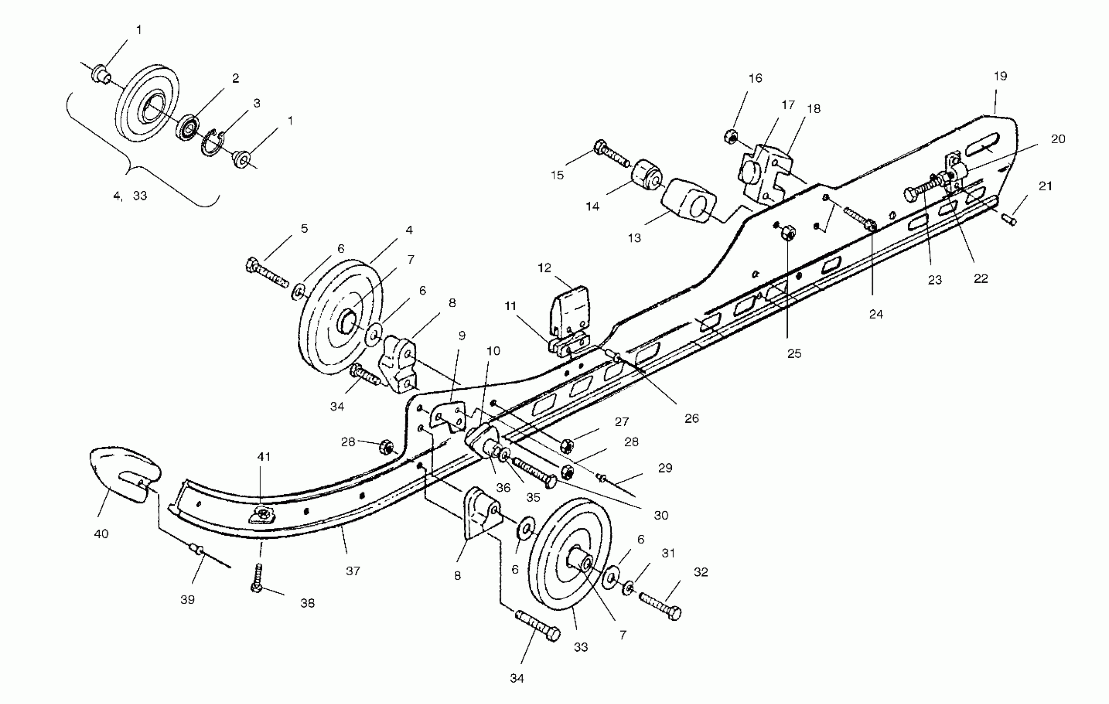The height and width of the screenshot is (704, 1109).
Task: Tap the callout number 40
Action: click(x=101, y=534)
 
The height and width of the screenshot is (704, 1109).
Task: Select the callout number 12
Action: click(x=545, y=268)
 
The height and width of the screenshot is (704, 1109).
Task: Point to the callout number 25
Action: click(x=794, y=354)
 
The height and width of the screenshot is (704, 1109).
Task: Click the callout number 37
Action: click(x=353, y=571)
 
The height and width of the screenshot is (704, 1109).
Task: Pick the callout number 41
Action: click(x=264, y=457)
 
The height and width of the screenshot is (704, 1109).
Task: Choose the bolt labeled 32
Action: click(x=661, y=605)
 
